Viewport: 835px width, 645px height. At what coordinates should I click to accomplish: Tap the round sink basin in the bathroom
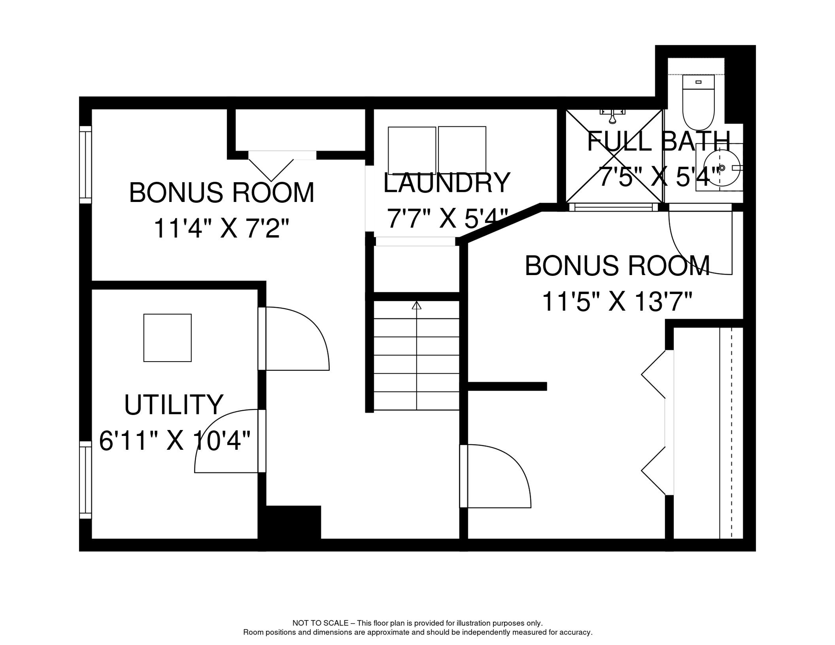click(722, 168)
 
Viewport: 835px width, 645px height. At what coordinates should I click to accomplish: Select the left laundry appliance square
click(412, 150)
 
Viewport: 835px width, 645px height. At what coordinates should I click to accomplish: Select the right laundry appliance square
click(462, 150)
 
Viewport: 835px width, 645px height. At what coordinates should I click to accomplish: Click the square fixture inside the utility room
click(168, 338)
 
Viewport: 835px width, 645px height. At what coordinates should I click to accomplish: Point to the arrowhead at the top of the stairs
click(416, 305)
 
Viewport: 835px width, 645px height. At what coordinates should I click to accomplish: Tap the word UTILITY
click(173, 405)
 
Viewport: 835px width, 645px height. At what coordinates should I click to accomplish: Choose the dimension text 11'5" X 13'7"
click(617, 302)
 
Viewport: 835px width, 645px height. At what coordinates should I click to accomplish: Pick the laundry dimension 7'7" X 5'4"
click(447, 218)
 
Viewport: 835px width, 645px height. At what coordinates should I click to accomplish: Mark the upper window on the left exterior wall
click(86, 165)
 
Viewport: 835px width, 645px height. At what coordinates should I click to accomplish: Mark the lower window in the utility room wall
click(86, 480)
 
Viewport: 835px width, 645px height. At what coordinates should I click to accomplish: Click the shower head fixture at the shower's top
click(613, 116)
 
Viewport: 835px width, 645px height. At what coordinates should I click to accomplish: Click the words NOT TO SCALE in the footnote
click(320, 623)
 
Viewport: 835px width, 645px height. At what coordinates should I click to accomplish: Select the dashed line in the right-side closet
click(731, 433)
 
